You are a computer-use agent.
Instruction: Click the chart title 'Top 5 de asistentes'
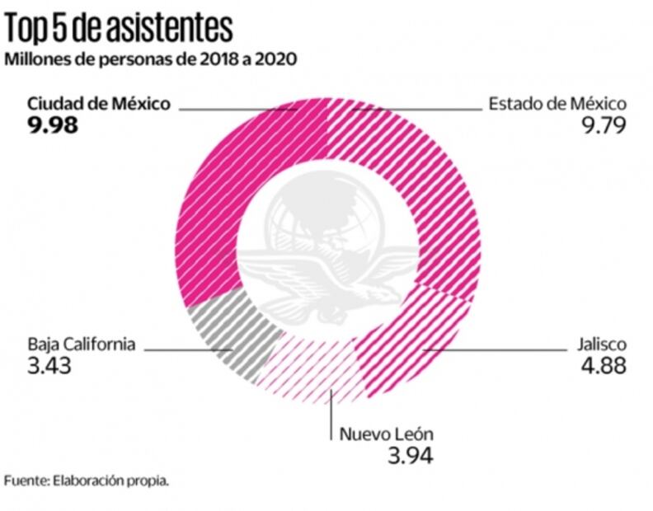click(x=119, y=28)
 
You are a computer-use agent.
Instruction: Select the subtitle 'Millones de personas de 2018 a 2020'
click(x=151, y=60)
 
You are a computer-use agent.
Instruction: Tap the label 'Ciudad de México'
click(x=99, y=104)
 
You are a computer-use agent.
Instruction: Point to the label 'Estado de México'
click(x=558, y=104)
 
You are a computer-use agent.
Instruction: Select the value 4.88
click(x=604, y=366)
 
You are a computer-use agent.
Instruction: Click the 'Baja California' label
click(x=81, y=345)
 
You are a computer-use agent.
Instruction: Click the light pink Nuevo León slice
click(x=317, y=371)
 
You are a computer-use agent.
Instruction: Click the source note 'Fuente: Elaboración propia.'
click(x=87, y=481)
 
